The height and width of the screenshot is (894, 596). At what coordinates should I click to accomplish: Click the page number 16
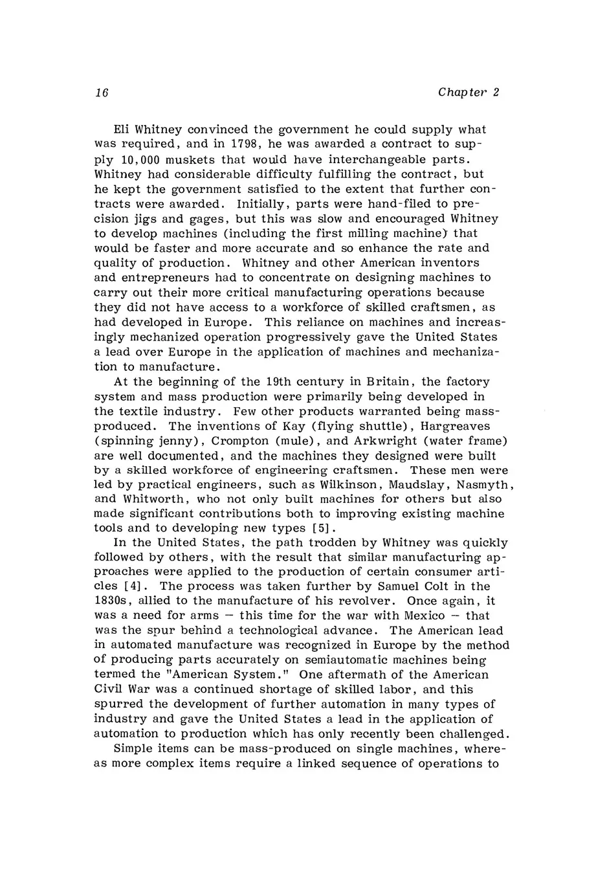100,93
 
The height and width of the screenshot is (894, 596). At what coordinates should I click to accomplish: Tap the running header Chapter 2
469,92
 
